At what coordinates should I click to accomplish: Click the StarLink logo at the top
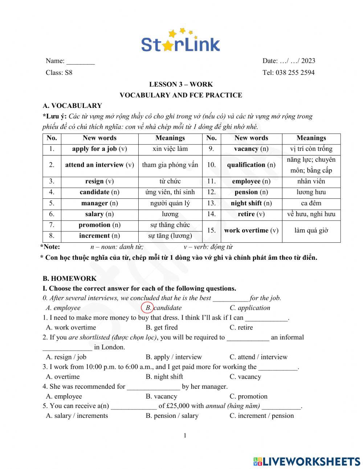coord(180,41)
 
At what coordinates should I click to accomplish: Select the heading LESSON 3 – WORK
coord(181,84)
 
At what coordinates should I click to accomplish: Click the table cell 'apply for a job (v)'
coord(99,149)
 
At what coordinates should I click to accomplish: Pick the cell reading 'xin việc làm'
coord(170,149)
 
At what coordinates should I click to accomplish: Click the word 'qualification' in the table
coord(246,165)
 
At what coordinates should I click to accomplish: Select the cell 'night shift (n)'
coord(251,203)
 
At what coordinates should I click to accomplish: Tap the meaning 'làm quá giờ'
coord(311,230)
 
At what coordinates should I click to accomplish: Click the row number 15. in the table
coord(211,230)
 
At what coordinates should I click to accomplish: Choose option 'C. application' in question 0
coord(250,308)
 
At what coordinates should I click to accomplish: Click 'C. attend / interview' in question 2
coord(258,357)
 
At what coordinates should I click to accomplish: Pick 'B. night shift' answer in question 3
coord(164,377)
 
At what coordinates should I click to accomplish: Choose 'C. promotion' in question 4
coord(248,396)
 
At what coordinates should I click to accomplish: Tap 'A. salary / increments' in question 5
coord(77,416)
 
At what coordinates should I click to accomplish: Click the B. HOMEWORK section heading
coord(69,279)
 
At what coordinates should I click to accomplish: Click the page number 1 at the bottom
coord(185,436)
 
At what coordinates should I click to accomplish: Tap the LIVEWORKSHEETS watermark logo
coord(307,461)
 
